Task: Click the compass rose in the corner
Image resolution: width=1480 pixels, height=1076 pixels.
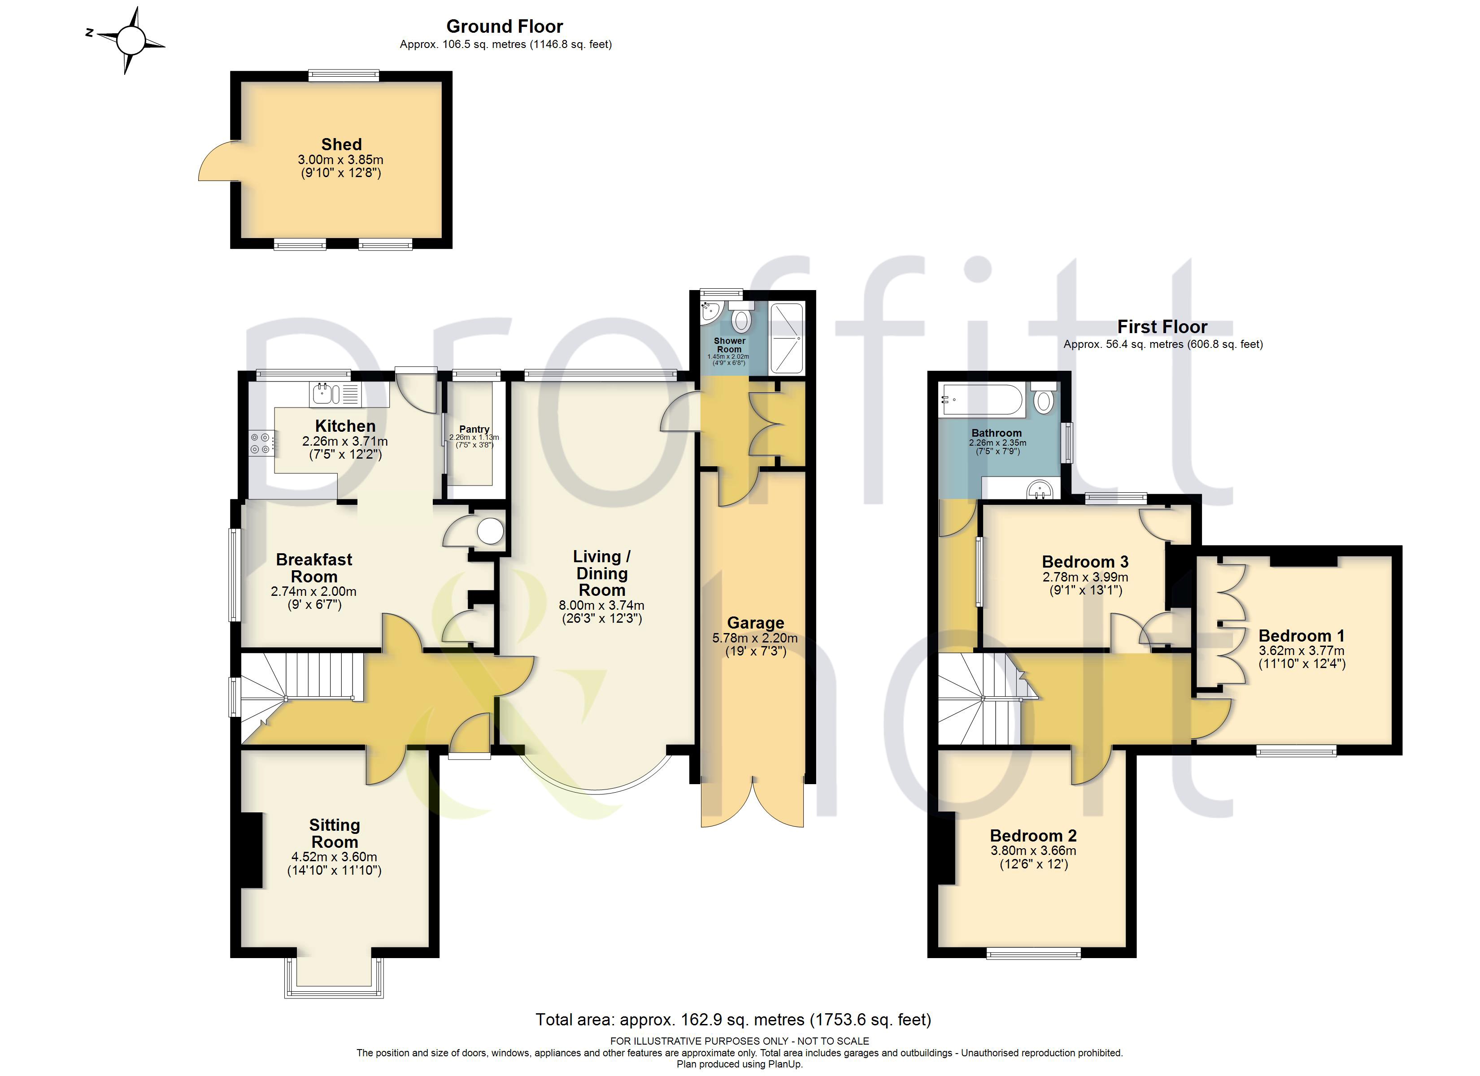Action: tap(130, 40)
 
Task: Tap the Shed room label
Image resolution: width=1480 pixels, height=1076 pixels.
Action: tap(341, 144)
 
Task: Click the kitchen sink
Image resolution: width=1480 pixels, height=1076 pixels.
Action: tap(334, 394)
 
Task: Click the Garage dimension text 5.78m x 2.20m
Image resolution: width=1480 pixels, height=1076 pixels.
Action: tap(755, 638)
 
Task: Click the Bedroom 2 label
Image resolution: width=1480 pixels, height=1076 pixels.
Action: tap(1033, 835)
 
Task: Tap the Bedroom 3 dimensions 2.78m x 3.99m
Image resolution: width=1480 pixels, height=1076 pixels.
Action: tap(1085, 577)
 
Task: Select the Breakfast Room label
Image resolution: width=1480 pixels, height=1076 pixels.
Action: tap(314, 568)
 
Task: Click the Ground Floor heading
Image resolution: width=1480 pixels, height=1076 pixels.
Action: tap(505, 26)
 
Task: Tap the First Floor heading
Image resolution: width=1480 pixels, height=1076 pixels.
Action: tap(1162, 326)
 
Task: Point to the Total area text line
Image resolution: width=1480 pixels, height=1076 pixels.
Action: tap(733, 1019)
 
